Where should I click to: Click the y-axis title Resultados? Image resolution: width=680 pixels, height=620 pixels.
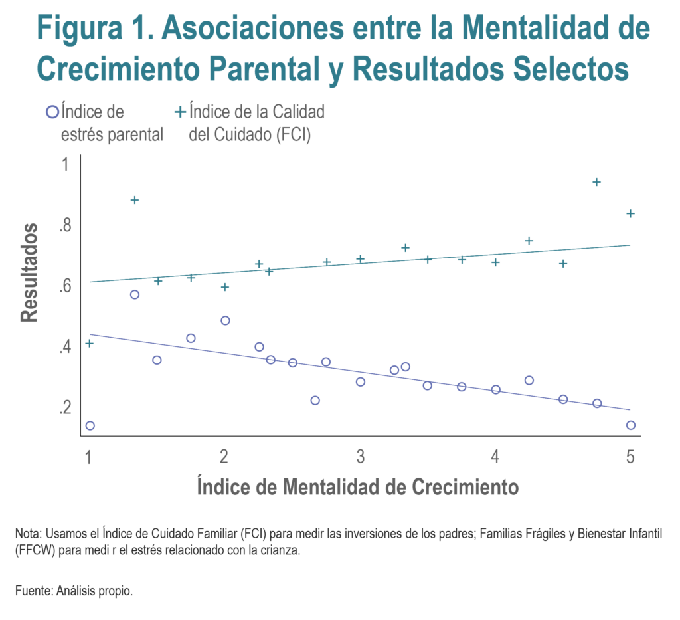pos(29,272)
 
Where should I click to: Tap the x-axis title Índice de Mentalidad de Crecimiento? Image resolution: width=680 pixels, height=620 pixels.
pos(357,487)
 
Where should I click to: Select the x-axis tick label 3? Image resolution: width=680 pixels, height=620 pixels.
pos(360,457)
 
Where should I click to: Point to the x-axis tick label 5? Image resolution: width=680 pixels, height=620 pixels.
pos(630,457)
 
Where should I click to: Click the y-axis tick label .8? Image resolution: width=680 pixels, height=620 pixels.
pos(64,226)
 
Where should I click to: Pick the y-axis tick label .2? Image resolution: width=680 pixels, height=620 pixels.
pos(64,407)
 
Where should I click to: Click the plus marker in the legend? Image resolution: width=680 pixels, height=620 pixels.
pos(180,112)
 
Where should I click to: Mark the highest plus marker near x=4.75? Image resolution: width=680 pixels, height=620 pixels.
pos(596,182)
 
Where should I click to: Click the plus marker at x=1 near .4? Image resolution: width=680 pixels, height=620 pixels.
pos(90,343)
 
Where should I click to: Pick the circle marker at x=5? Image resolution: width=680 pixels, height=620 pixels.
pos(631,425)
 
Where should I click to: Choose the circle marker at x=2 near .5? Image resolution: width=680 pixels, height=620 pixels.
pos(225,320)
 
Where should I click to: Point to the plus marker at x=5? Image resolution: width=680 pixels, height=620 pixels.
pos(631,213)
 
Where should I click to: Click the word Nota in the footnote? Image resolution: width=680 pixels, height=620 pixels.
pos(26,534)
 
